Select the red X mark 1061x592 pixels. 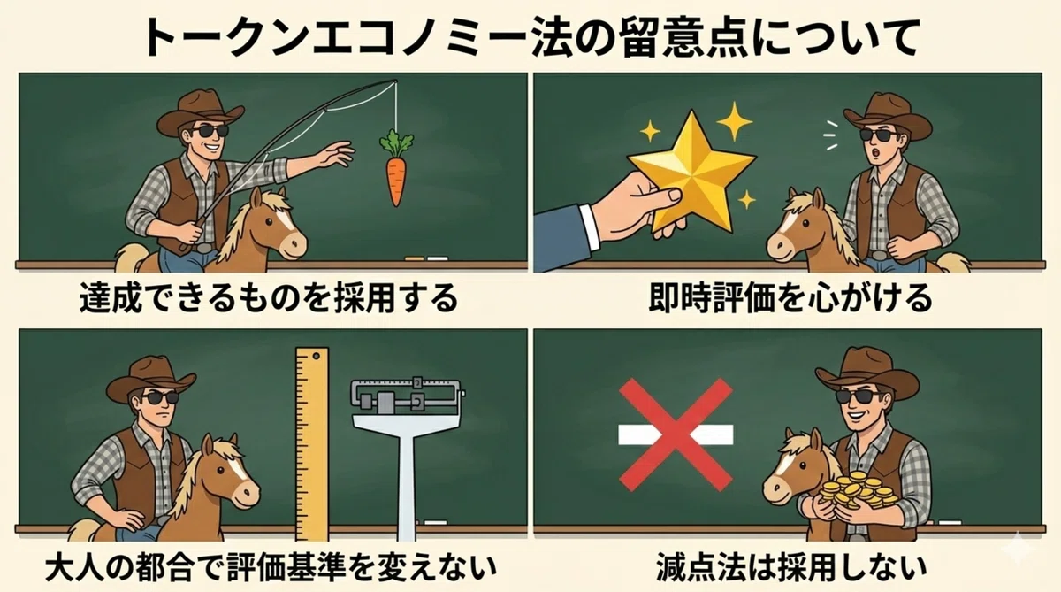(x=676, y=434)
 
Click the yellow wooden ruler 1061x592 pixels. (x=311, y=444)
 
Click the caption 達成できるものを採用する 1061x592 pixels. (x=269, y=298)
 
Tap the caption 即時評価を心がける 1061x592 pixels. (x=790, y=298)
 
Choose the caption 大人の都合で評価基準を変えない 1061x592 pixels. (x=271, y=567)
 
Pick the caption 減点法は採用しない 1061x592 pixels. (x=791, y=567)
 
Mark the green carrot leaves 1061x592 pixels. (x=396, y=142)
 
